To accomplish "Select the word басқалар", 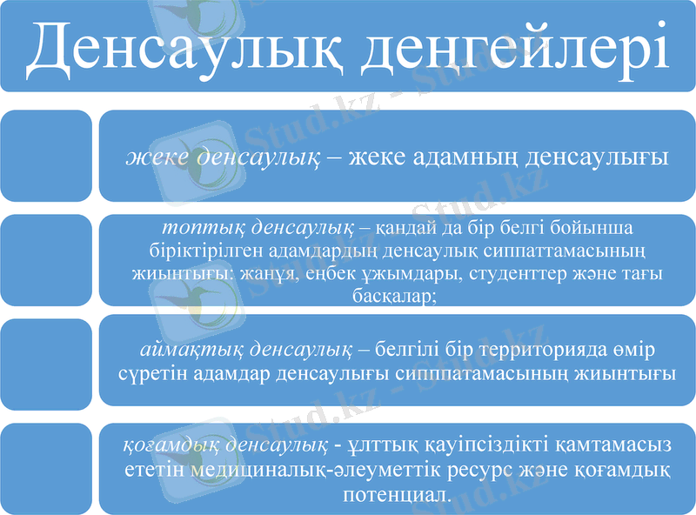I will (x=393, y=296).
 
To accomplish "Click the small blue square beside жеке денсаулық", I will (x=45, y=156).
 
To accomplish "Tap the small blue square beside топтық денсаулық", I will (x=45, y=260).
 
